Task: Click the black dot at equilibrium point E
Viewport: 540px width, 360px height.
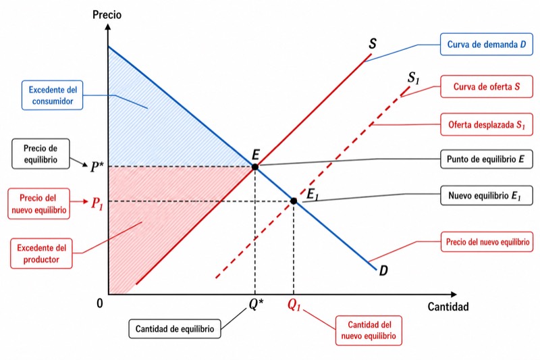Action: click(x=255, y=167)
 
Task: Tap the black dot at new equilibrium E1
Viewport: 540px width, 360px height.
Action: click(x=294, y=201)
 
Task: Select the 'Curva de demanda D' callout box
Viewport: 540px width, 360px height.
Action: click(x=486, y=44)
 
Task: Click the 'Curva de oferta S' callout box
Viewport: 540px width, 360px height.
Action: click(x=486, y=86)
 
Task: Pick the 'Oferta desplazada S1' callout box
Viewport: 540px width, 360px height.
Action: click(x=486, y=124)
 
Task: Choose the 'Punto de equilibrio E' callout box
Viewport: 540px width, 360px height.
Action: click(x=486, y=159)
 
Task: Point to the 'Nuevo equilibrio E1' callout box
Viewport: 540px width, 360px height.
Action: click(x=486, y=195)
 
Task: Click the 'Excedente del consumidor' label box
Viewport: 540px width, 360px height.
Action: click(x=53, y=95)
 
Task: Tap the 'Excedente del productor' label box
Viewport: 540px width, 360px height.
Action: click(x=41, y=253)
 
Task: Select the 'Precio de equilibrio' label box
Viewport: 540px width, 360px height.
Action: click(x=40, y=153)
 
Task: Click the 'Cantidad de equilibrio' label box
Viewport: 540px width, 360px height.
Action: click(x=175, y=329)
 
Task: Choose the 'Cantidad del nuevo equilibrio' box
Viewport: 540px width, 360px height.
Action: click(x=369, y=330)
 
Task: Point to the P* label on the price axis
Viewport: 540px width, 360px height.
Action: click(x=97, y=167)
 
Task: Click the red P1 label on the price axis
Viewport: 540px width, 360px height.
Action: click(x=97, y=203)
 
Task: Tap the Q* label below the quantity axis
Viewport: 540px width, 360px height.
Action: click(x=256, y=304)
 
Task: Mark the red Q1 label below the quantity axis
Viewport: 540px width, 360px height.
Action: click(x=294, y=305)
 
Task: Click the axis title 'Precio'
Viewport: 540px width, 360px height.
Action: click(x=107, y=15)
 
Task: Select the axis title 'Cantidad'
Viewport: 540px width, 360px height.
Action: click(x=448, y=306)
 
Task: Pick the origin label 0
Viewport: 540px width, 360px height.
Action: click(x=99, y=303)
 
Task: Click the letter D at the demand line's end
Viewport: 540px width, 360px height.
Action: click(x=383, y=270)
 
